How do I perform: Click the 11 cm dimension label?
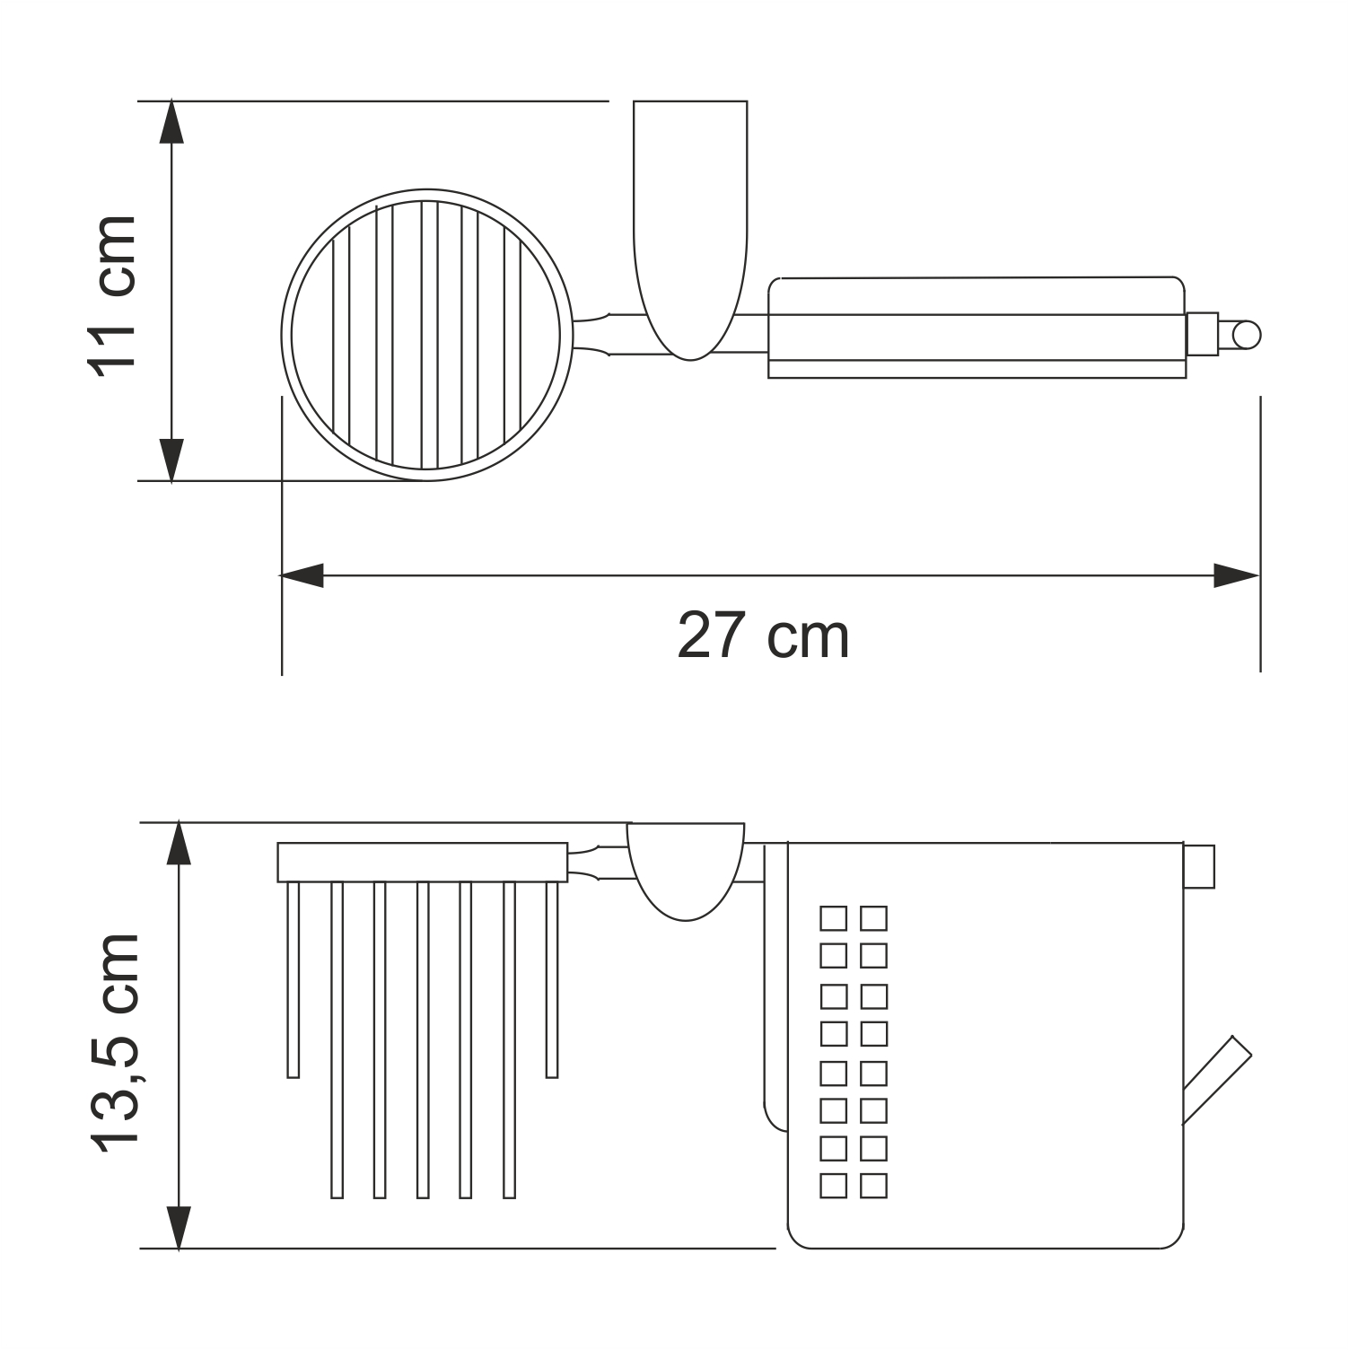(x=112, y=294)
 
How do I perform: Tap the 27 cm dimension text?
(x=762, y=636)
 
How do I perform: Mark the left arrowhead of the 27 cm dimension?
(x=302, y=575)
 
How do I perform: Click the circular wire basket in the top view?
(x=427, y=335)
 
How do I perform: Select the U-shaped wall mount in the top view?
(x=689, y=224)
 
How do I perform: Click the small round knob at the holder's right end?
(x=1246, y=336)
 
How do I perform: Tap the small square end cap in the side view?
(x=1198, y=866)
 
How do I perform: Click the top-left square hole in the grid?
(x=833, y=918)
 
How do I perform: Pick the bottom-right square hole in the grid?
(x=873, y=1186)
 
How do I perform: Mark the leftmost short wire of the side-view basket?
(x=293, y=979)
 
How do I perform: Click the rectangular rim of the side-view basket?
(x=422, y=863)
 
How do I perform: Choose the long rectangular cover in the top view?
(x=977, y=328)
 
